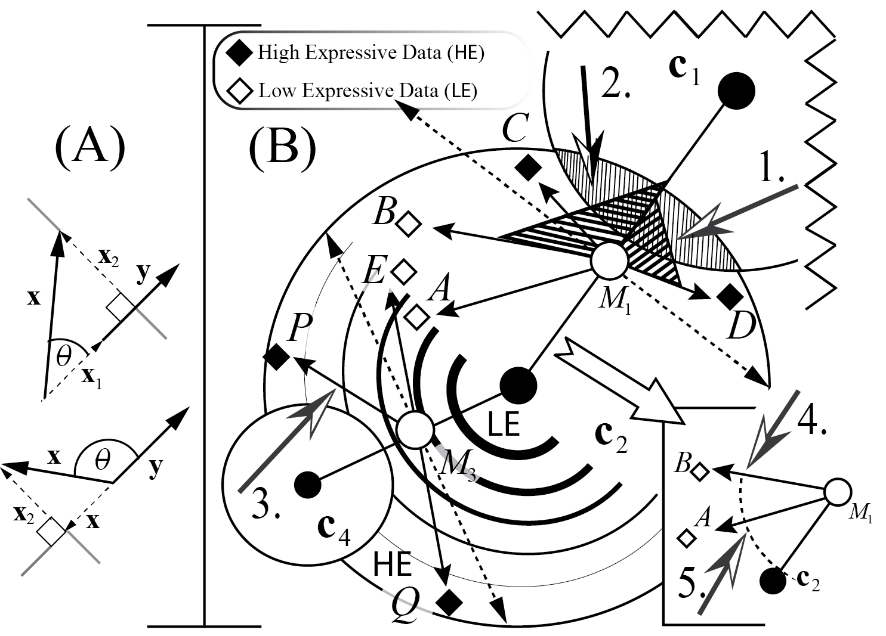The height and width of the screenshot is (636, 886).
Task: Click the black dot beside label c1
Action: [x=736, y=91]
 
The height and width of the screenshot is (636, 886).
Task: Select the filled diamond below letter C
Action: [x=526, y=167]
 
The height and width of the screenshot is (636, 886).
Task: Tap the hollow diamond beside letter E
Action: [x=404, y=271]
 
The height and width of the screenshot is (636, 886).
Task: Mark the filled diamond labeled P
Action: [x=277, y=357]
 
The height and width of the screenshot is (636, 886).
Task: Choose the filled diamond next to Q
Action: [x=449, y=603]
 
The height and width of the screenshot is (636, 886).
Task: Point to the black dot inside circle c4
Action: [x=308, y=484]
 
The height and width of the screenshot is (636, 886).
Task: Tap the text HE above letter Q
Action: [x=392, y=564]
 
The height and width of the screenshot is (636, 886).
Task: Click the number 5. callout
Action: [x=694, y=582]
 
